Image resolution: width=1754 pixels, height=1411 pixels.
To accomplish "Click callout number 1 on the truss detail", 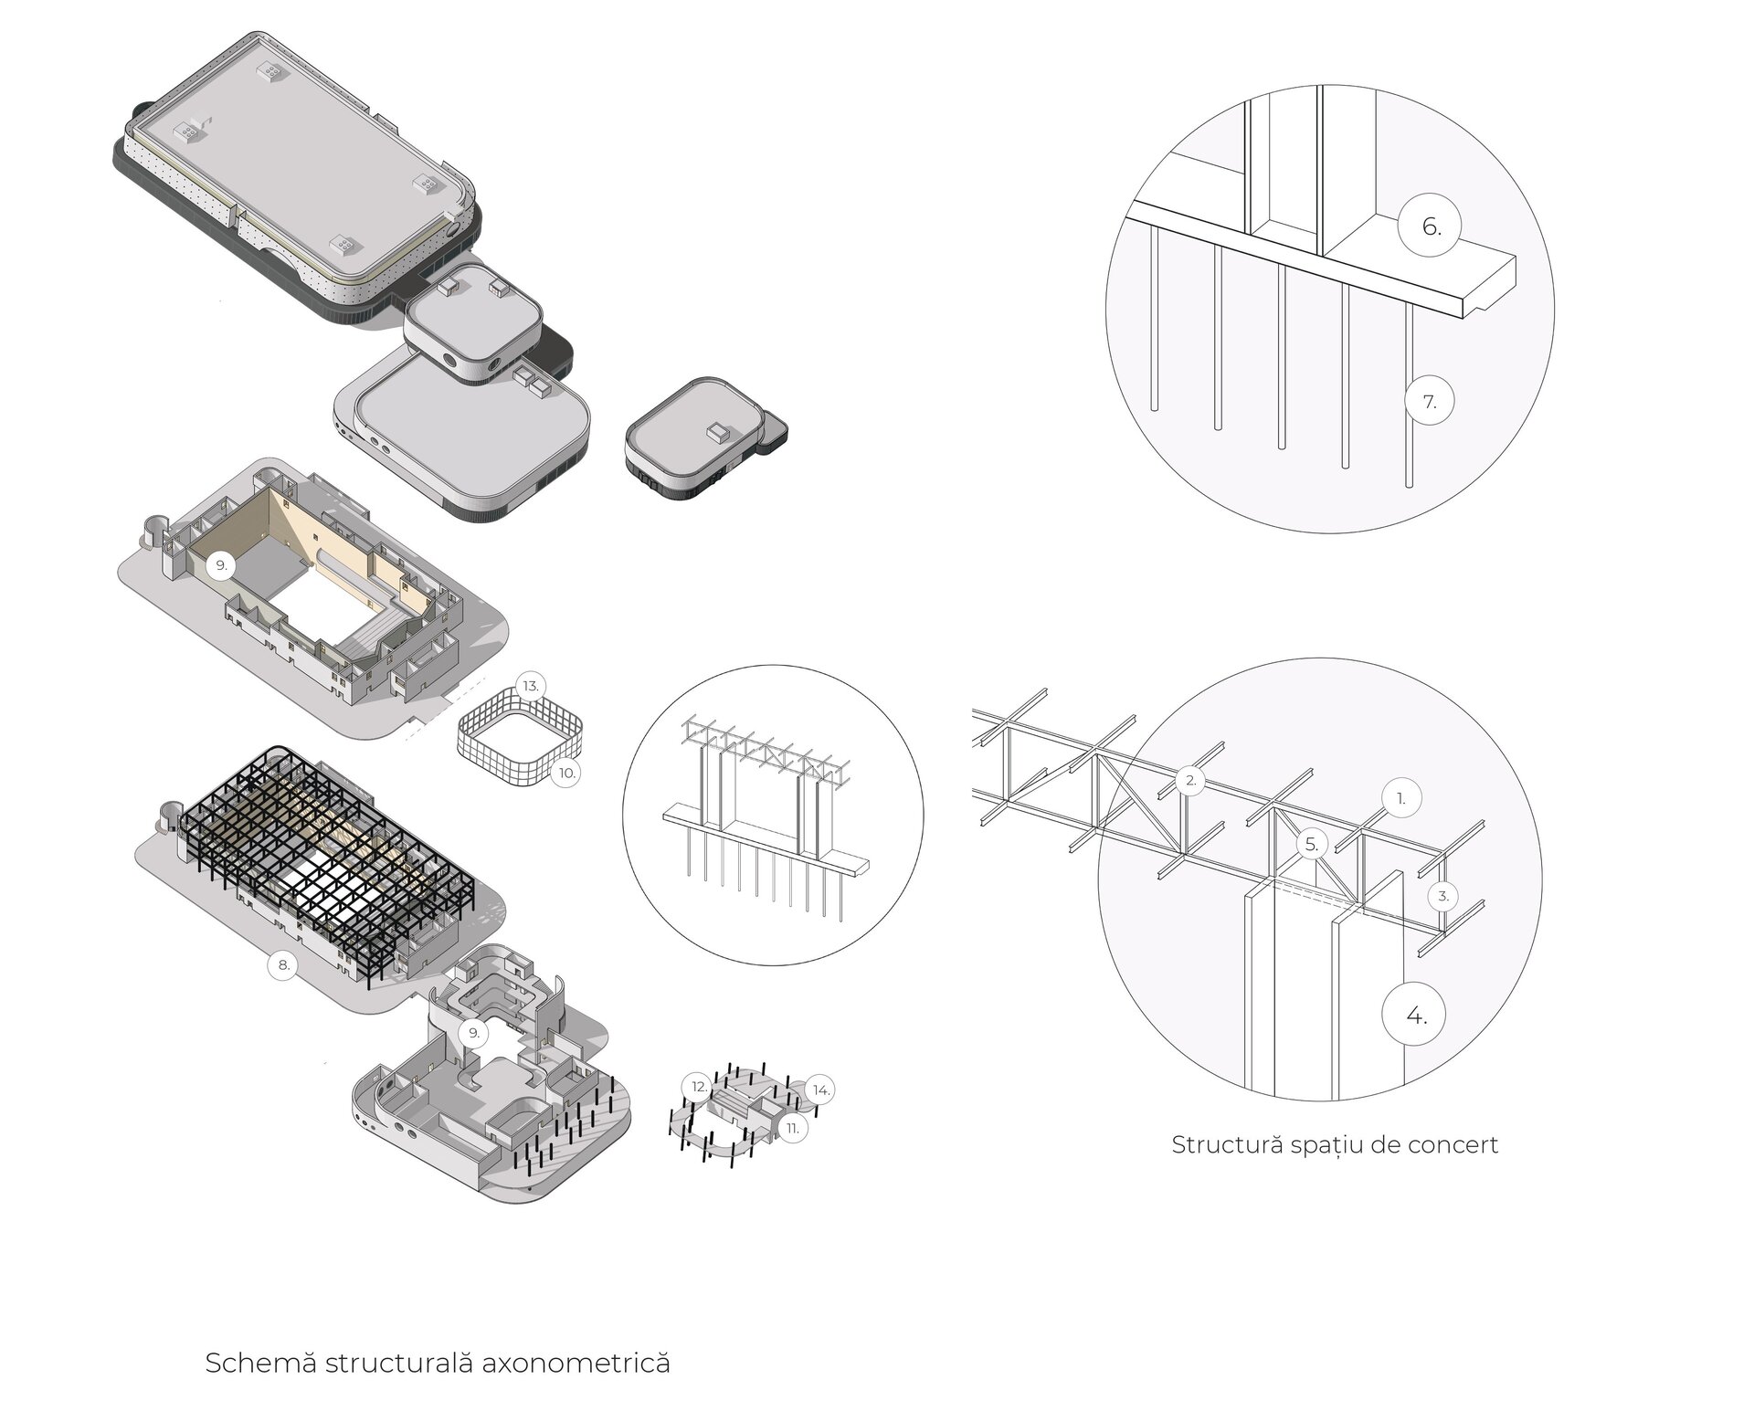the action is coord(1401,798).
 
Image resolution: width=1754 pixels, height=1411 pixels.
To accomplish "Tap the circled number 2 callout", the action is coord(1190,781).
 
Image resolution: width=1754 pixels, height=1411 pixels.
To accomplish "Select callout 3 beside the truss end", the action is coord(1443,896).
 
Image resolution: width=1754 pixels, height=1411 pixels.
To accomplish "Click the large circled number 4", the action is coord(1416,1015).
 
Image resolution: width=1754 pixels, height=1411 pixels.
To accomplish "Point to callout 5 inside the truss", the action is coord(1312,845).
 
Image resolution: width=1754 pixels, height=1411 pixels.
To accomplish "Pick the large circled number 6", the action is coord(1432,226).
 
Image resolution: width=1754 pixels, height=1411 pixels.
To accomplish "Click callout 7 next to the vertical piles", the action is coord(1430,401).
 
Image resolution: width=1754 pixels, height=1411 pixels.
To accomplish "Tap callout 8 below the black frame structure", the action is coord(283,964).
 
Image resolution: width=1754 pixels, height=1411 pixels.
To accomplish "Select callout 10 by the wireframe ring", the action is coord(566,773).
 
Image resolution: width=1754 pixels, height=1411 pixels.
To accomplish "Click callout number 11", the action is coord(792,1128).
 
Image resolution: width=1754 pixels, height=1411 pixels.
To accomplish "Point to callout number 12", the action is coord(699,1087).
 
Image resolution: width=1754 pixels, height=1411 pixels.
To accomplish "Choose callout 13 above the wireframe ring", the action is coord(531,686).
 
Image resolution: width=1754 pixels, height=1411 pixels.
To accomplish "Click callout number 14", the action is coord(821,1090).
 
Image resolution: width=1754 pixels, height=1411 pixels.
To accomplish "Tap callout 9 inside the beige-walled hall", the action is coord(219,565).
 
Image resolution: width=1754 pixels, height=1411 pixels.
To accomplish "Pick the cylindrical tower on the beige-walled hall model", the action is coord(157,534).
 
